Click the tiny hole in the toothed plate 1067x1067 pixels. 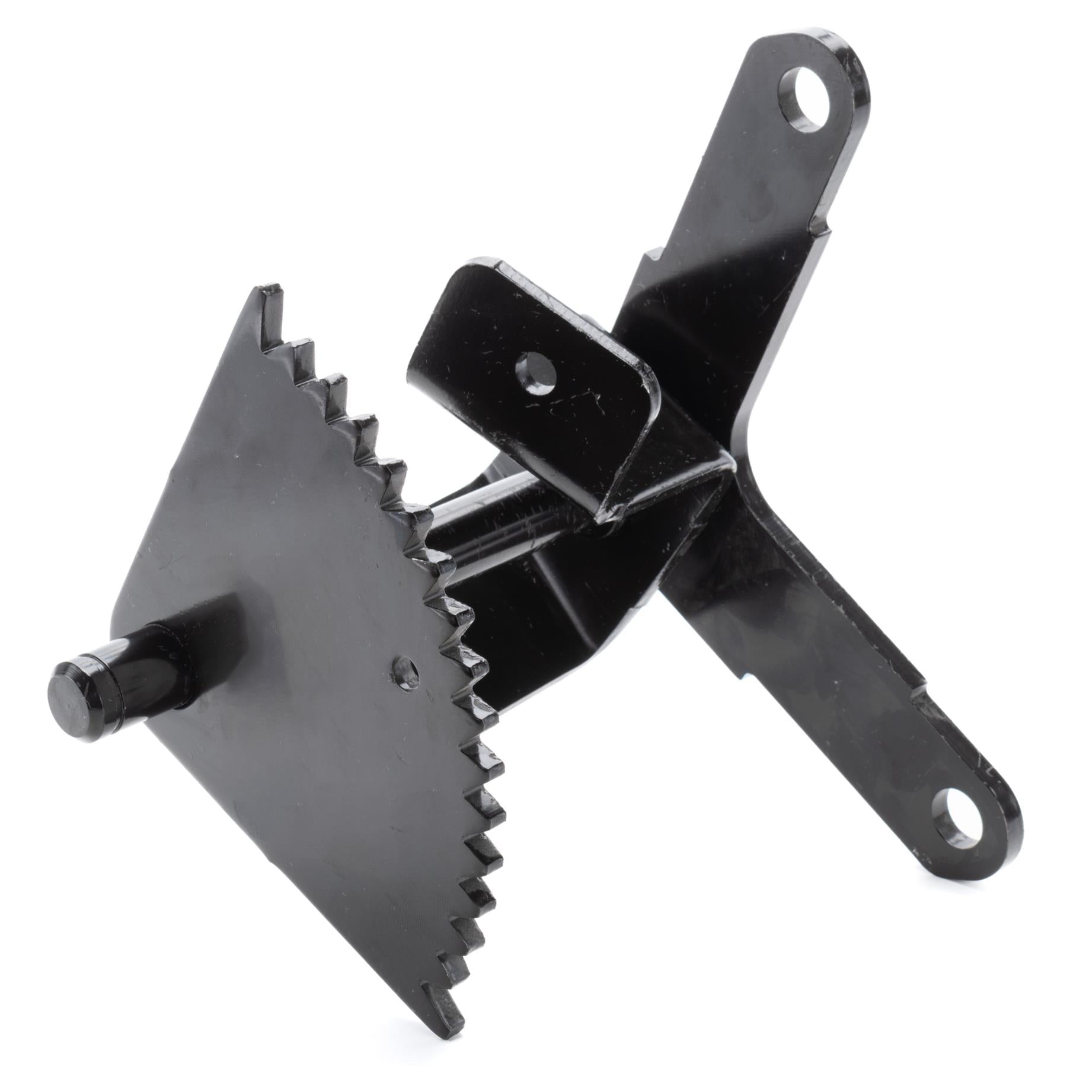click(x=406, y=670)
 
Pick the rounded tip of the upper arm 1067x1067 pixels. click(x=842, y=53)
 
